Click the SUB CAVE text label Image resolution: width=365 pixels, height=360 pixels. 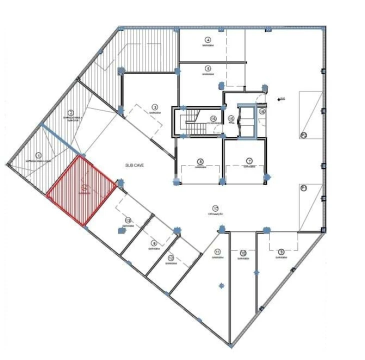coord(134,164)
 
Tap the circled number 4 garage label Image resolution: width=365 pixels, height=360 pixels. coord(207,39)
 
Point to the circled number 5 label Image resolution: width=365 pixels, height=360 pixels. coord(208,68)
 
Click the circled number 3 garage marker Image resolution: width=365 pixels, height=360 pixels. coord(155,107)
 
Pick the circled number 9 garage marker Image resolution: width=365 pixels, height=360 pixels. coord(281,251)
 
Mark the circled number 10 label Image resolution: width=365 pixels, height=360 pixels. coord(243,253)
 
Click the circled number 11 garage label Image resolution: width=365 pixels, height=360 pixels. coord(217,251)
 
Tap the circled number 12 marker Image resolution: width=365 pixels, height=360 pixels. coord(171,257)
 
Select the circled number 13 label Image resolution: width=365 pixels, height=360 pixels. coord(128,220)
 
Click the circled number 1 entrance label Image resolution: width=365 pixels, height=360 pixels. coord(39,155)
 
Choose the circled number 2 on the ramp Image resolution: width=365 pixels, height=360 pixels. coord(71,113)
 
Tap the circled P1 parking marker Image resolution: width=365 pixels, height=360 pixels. coord(303,188)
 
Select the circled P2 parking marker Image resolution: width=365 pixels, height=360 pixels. coord(303,135)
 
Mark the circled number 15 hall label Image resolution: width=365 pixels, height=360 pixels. coord(231,118)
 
